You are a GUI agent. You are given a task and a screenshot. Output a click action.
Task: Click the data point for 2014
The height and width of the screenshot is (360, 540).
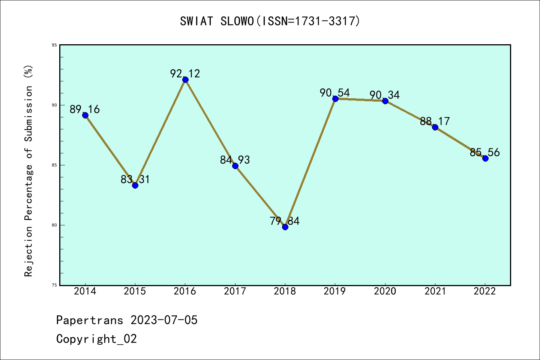click(85, 115)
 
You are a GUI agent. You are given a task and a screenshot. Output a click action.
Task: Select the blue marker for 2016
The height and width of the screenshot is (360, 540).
click(185, 79)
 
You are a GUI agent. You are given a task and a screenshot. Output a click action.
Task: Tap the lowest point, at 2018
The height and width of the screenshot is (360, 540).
click(285, 227)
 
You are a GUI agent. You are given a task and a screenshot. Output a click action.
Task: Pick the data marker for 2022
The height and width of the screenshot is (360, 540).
click(485, 158)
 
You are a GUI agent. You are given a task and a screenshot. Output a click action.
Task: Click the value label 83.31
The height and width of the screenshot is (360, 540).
click(135, 179)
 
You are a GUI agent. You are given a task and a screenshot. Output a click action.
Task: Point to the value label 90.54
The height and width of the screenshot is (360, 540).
click(335, 93)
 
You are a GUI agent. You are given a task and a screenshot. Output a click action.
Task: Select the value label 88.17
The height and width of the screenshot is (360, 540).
click(435, 121)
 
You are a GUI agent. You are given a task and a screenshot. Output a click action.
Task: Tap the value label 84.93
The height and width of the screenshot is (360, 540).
click(235, 160)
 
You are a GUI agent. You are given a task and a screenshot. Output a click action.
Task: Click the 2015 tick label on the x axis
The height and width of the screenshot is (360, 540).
click(135, 291)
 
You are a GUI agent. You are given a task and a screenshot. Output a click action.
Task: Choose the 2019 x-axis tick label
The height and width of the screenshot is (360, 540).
click(335, 291)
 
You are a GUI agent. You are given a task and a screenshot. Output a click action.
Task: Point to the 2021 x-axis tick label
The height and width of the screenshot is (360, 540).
click(435, 291)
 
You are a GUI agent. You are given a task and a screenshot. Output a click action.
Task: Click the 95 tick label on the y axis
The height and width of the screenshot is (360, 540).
click(54, 45)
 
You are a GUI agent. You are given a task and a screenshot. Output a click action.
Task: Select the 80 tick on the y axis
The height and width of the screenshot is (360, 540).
click(54, 225)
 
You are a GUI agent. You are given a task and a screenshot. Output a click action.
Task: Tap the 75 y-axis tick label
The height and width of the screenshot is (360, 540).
click(54, 285)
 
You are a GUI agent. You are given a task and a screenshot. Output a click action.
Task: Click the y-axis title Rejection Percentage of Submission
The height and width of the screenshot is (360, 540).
click(29, 171)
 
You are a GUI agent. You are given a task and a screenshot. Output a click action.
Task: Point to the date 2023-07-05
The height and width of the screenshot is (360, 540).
click(164, 320)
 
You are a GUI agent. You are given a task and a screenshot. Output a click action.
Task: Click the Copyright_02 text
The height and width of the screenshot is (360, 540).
click(96, 339)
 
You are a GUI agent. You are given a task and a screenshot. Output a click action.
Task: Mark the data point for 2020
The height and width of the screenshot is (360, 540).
click(385, 101)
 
